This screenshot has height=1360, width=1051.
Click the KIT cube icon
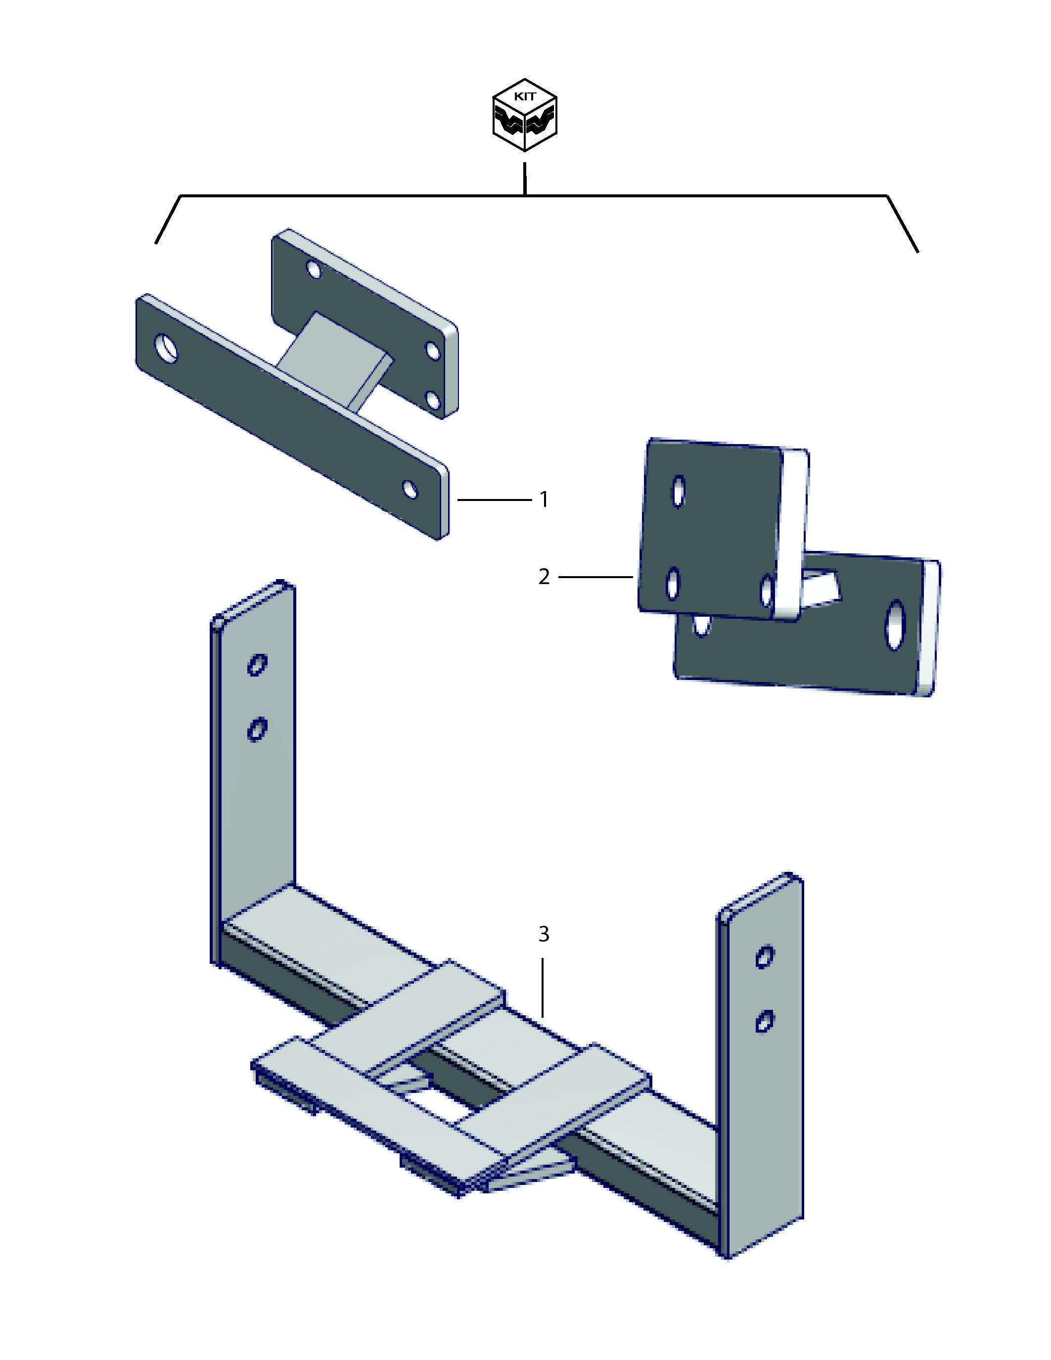click(524, 115)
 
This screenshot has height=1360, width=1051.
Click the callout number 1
click(544, 499)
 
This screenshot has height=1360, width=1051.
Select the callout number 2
click(544, 577)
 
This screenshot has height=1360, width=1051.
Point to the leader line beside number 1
click(495, 499)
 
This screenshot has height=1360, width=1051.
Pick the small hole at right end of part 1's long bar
click(410, 490)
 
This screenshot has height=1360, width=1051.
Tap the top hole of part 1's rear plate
click(313, 270)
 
